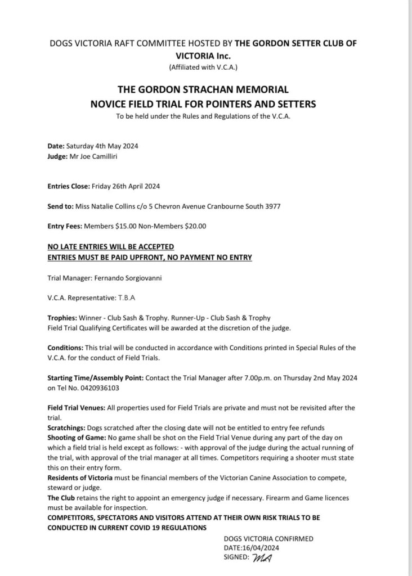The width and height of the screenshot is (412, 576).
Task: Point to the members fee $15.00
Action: click(x=127, y=226)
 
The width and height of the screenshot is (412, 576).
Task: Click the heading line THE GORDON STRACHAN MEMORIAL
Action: click(x=203, y=89)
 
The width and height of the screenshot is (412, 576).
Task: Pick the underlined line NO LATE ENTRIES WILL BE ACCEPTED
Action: click(x=111, y=246)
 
